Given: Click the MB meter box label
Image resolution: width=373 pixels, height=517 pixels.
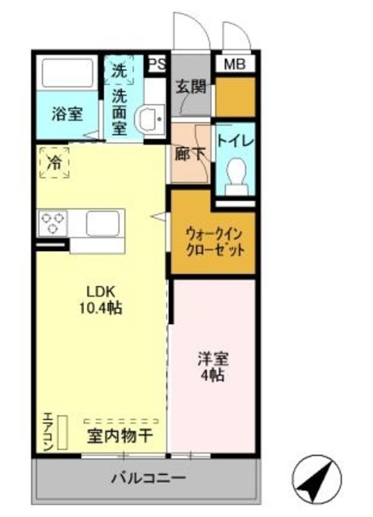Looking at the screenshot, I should pos(234,64).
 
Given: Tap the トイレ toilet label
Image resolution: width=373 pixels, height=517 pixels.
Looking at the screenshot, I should pos(235,141).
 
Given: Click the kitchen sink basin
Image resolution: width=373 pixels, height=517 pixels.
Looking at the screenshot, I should pos(103,222).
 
